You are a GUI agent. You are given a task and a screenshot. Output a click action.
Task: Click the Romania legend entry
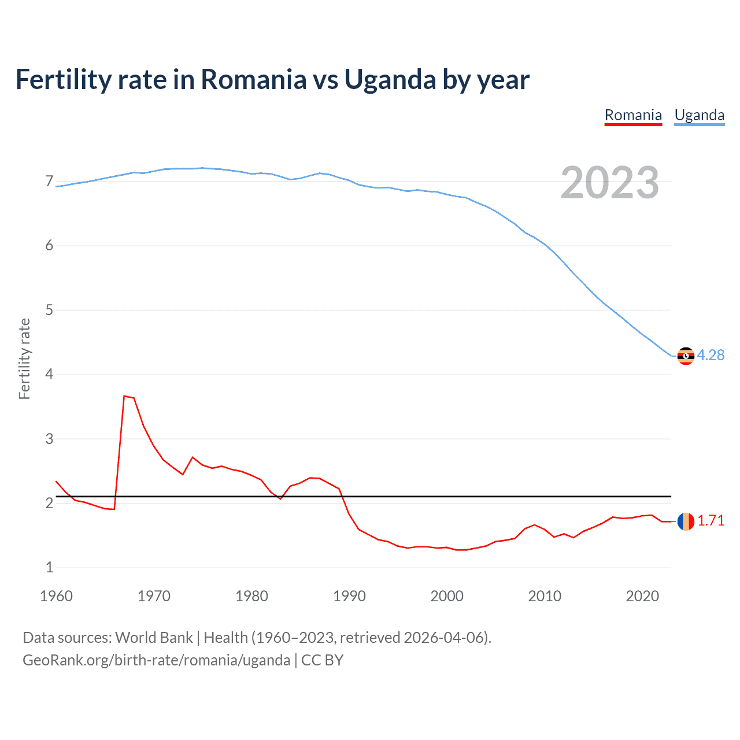click(633, 116)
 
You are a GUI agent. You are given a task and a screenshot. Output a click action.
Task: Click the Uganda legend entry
click(700, 116)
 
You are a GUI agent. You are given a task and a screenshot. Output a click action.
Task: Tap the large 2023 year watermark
click(610, 183)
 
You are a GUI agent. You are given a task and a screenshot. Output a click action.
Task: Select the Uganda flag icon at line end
click(686, 356)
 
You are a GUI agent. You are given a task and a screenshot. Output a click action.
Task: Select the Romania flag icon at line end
click(686, 521)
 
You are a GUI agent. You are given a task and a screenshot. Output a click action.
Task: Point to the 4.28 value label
click(711, 356)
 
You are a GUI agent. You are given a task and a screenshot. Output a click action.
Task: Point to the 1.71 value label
click(711, 521)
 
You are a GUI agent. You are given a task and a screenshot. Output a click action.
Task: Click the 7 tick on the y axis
click(49, 182)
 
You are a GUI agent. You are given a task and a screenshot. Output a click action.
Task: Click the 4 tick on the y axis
click(49, 375)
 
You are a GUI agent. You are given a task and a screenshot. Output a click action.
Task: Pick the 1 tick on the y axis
click(49, 568)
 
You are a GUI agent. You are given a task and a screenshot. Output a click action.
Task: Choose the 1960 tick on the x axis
click(56, 596)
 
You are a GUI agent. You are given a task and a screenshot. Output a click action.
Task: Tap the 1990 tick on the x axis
click(349, 596)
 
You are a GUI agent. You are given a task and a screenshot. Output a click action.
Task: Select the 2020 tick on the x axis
click(642, 596)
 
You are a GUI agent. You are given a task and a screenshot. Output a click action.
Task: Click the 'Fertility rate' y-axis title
click(24, 358)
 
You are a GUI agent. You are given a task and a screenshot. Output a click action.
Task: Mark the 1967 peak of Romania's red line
click(124, 396)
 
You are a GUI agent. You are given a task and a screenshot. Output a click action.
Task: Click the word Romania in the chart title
click(253, 80)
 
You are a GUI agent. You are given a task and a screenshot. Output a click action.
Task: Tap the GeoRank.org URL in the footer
click(156, 660)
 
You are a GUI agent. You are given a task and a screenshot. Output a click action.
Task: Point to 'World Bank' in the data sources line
click(154, 638)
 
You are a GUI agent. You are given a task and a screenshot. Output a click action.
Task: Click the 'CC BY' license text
click(322, 660)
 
